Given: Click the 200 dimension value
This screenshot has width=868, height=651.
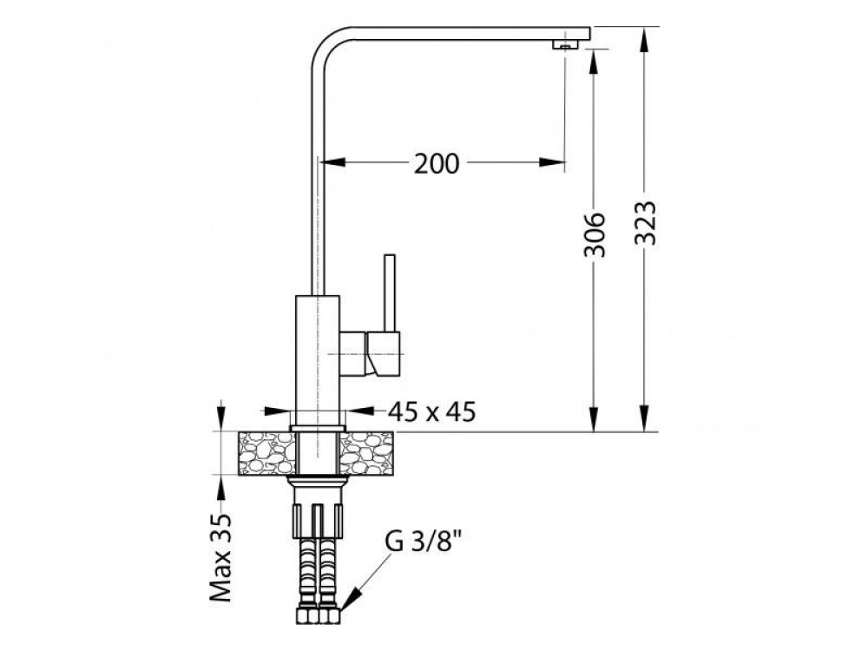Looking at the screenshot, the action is pyautogui.click(x=437, y=164).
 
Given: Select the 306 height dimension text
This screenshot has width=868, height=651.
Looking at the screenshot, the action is pyautogui.click(x=595, y=234).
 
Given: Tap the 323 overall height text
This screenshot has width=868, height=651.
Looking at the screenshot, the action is pyautogui.click(x=646, y=222).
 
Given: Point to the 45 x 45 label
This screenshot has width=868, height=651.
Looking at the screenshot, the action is pyautogui.click(x=431, y=411).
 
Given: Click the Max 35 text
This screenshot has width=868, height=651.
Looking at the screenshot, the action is pyautogui.click(x=220, y=558).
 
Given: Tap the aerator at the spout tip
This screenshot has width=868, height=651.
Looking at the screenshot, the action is pyautogui.click(x=564, y=46).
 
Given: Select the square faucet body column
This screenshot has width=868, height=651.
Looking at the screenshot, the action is pyautogui.click(x=317, y=360).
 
